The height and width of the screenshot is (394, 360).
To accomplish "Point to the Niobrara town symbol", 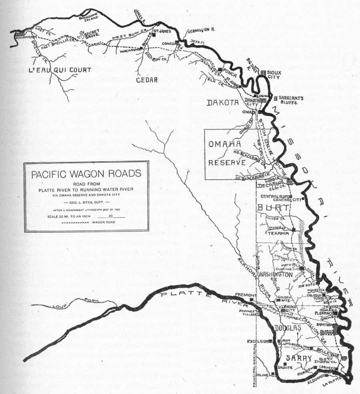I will point(19,35).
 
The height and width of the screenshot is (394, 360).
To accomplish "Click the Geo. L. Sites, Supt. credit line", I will point(86,203).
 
